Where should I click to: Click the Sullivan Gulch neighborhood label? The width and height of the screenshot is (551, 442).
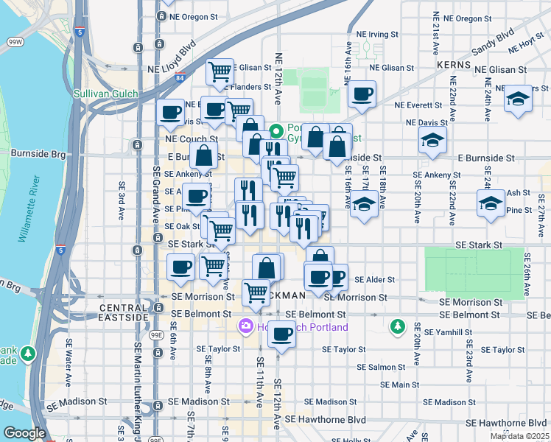click(104, 94)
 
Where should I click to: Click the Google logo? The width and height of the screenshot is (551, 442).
click(24, 433)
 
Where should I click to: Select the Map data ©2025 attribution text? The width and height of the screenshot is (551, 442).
click(519, 436)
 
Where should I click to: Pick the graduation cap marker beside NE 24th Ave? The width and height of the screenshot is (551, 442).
click(518, 99)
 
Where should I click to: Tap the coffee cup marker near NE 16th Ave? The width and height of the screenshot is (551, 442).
click(362, 94)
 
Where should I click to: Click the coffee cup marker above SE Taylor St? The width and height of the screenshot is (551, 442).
click(281, 335)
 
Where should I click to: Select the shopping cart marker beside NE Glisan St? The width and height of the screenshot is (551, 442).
click(220, 71)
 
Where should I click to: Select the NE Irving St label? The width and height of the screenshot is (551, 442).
click(376, 34)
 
